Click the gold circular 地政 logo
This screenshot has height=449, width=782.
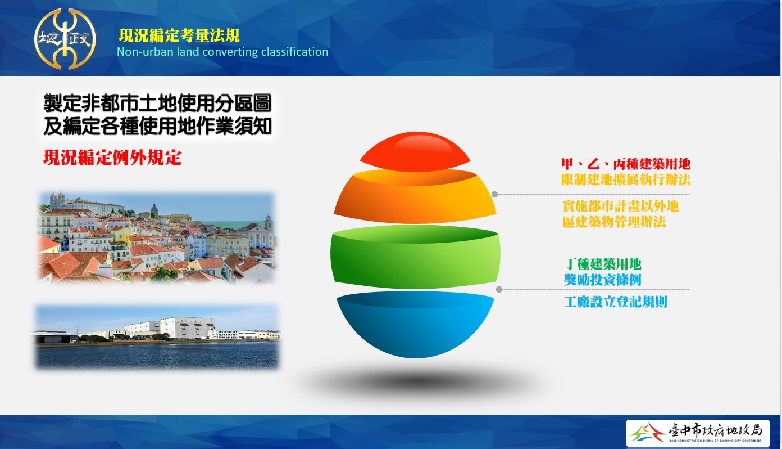(x=65, y=38)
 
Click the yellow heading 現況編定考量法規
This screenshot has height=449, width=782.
(x=179, y=35)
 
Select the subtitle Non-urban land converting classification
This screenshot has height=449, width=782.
(x=222, y=52)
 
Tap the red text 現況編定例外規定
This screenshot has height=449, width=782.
(x=112, y=158)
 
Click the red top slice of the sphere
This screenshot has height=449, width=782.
(x=415, y=152)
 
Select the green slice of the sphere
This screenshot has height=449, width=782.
(x=415, y=257)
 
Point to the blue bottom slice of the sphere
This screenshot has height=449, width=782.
(x=415, y=324)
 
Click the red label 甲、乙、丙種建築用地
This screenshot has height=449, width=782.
(x=626, y=164)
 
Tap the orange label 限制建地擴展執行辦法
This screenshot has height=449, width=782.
(x=626, y=179)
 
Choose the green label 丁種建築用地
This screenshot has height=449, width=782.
(x=603, y=264)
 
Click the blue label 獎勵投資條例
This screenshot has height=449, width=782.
(x=603, y=280)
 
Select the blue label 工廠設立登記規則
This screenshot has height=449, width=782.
(x=616, y=302)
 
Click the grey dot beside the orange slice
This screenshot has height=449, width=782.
(x=495, y=195)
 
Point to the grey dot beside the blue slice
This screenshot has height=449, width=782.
(x=499, y=290)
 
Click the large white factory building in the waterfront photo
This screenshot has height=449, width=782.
(x=188, y=327)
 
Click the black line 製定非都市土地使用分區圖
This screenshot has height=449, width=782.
(x=157, y=103)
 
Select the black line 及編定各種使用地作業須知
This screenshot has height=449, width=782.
(x=157, y=126)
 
